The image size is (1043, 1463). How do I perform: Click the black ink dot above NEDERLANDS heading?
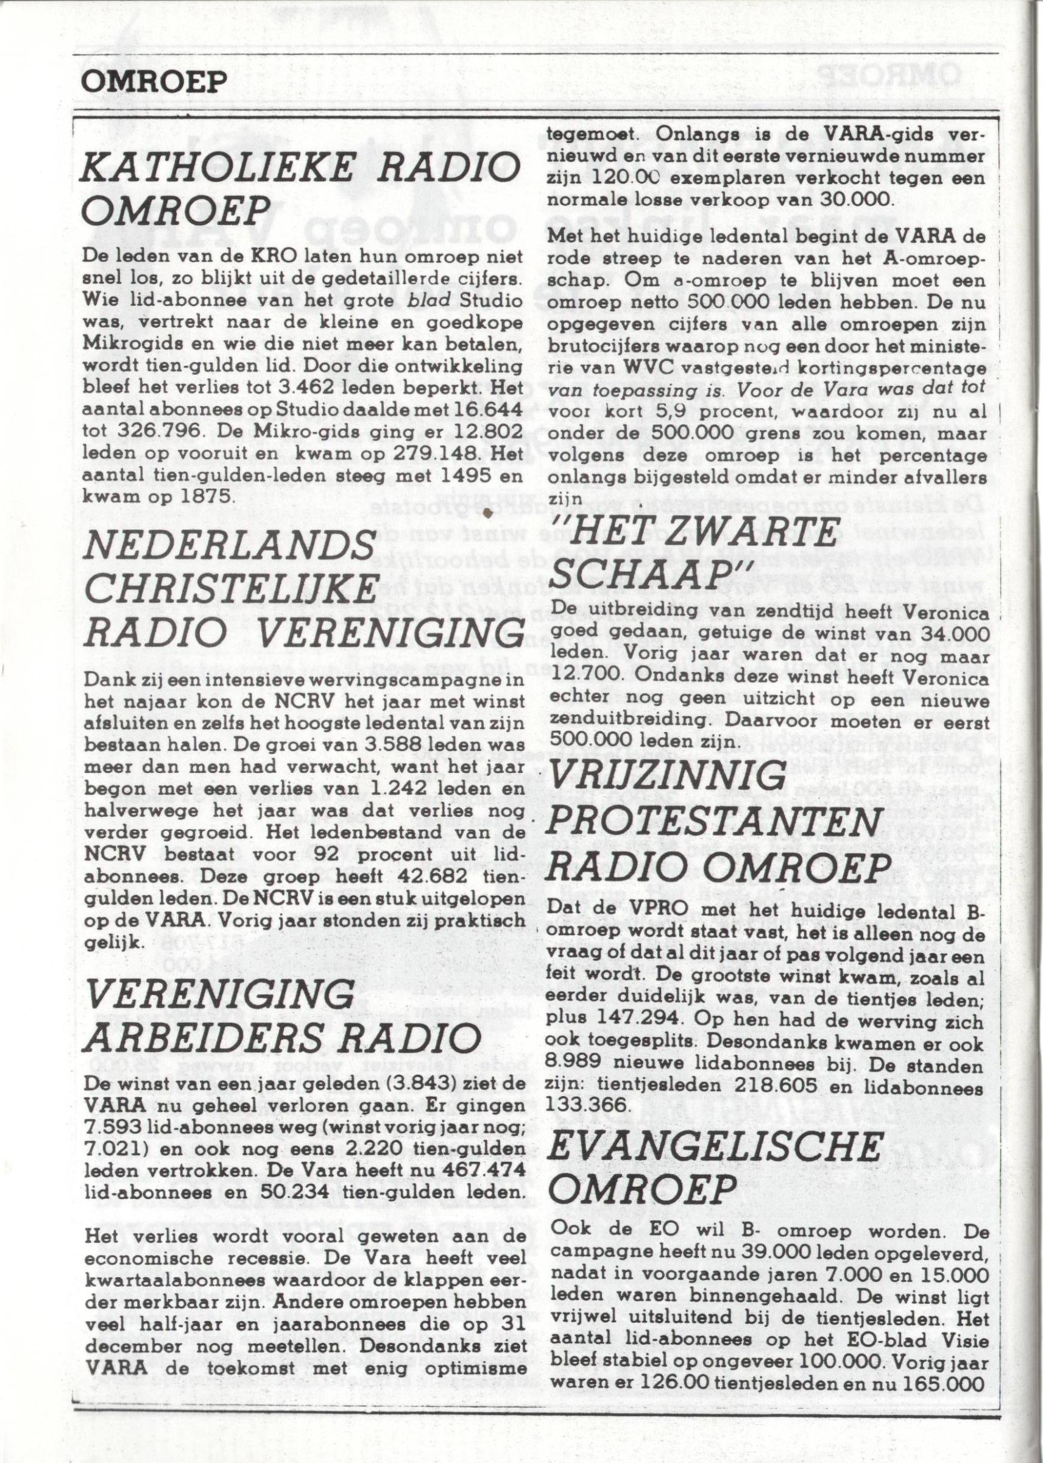click(x=488, y=511)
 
